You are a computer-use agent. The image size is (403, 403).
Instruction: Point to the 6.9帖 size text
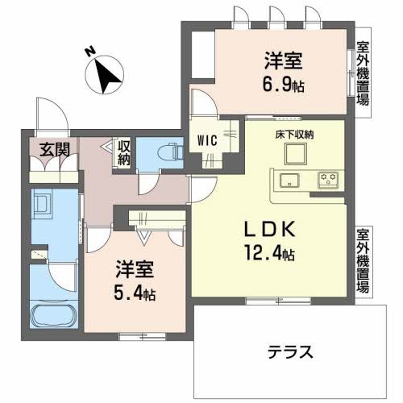coord(285,83)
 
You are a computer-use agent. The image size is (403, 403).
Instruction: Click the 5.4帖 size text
coord(135,294)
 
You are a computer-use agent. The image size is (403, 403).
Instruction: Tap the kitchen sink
coord(289,179)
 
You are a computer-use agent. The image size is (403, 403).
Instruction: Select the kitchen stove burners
coord(328,178)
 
